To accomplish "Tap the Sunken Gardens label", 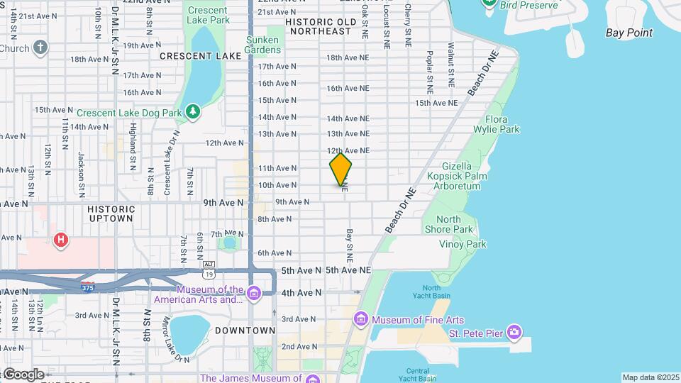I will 262,45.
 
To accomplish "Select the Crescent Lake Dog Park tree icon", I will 192,112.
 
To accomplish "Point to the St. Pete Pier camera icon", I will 514,332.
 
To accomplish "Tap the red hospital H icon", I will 61,240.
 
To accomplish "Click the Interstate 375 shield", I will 87,287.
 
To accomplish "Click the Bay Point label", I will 629,33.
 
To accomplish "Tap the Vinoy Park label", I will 463,244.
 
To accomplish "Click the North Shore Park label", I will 448,224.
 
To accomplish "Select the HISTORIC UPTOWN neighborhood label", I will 111,213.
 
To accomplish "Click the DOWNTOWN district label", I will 245,331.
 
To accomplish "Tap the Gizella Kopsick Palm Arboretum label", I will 454,174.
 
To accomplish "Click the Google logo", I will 23,374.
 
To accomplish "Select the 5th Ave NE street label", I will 348,270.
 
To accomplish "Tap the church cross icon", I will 40,48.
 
